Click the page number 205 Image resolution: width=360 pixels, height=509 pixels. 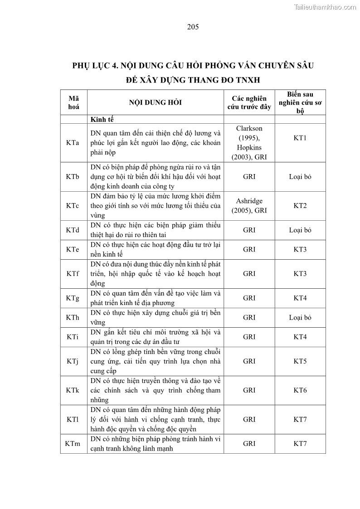tap(193, 27)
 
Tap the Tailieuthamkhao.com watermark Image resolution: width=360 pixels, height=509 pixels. tap(325, 7)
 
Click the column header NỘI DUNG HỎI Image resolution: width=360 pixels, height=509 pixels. tap(155, 102)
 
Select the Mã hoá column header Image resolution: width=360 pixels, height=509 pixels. tap(73, 102)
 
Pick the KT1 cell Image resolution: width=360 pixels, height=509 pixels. tap(300, 138)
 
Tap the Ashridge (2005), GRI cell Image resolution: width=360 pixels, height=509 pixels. tap(249, 206)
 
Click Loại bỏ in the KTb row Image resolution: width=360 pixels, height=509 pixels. tap(300, 176)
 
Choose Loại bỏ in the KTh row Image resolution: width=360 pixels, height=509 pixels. tap(300, 318)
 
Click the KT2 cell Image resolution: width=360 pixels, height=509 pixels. tap(300, 206)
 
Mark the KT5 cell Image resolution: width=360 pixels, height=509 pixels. tap(300, 361)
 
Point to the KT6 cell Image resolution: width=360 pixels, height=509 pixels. tap(300, 390)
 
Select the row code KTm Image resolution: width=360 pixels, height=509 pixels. tap(73, 444)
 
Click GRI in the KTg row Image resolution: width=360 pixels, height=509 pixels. tap(249, 298)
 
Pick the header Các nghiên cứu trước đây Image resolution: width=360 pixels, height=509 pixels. tap(249, 102)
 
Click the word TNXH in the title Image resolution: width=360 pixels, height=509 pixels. tap(246, 80)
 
